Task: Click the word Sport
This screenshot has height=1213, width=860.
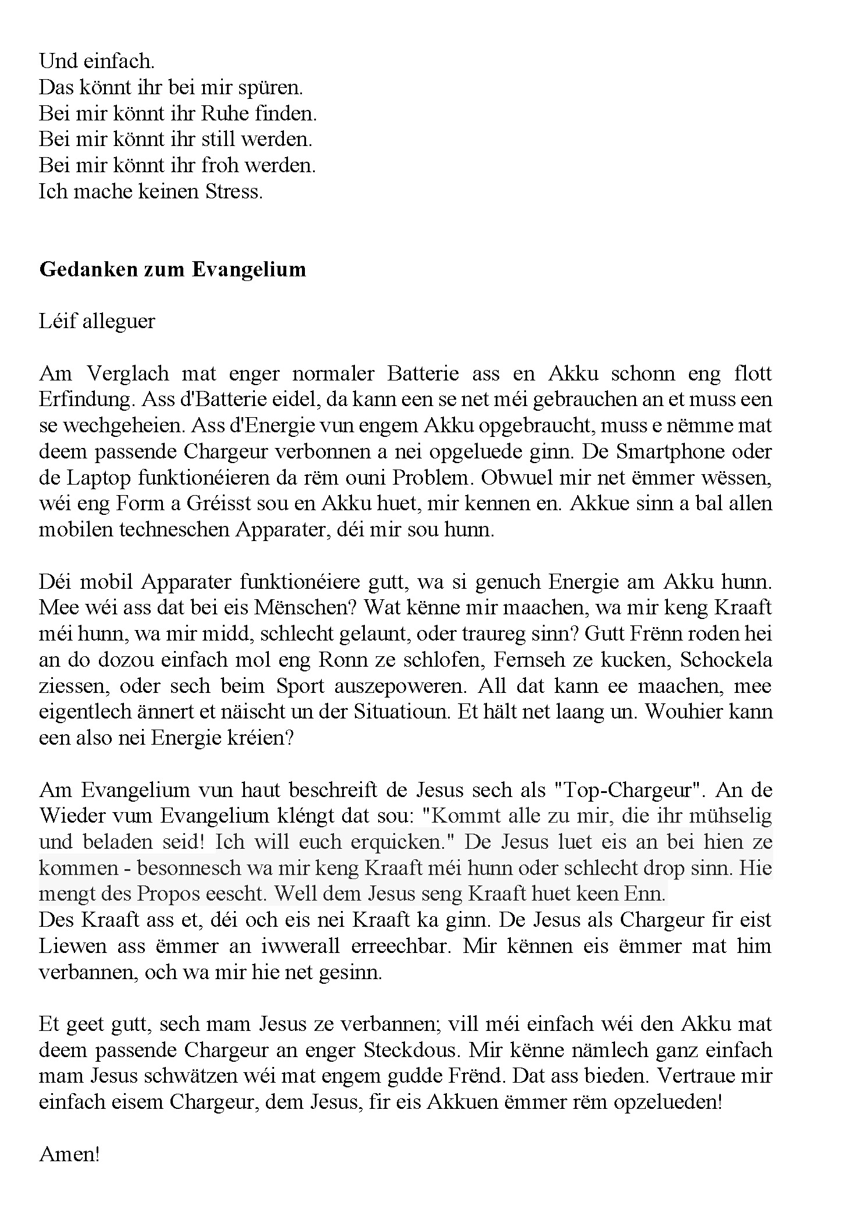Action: [300, 686]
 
